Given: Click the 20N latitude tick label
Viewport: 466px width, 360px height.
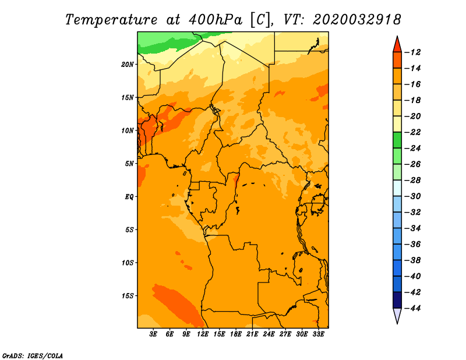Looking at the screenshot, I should [128, 64].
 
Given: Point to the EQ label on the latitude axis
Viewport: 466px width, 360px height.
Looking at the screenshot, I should [129, 196].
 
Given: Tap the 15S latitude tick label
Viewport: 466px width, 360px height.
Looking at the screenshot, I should [128, 296].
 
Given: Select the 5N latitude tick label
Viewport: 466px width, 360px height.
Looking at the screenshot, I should [129, 164].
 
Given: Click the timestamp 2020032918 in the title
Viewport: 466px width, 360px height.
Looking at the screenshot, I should [357, 19].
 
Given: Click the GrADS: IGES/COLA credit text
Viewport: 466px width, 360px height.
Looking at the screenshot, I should [32, 355].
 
